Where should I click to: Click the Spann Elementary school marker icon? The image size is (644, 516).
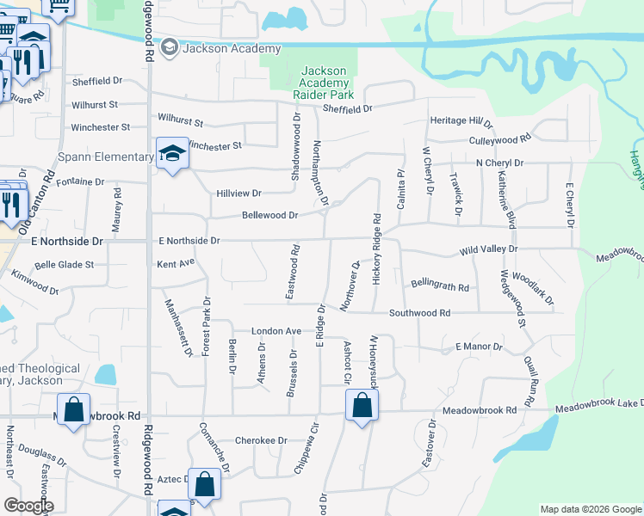pos(172,155)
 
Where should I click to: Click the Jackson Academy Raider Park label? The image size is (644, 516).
pos(323,82)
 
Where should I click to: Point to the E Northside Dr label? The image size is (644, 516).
pos(189,242)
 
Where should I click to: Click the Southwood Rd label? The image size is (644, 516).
pos(419,314)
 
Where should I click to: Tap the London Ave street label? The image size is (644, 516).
pos(276,331)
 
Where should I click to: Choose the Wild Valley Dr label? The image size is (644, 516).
pos(488,249)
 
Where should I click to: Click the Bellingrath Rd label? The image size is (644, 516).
pos(439,286)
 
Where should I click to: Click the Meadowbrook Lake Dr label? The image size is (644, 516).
pos(598,405)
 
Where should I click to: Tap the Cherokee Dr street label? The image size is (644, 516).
pos(261,440)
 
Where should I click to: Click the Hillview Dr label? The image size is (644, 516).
pos(238,194)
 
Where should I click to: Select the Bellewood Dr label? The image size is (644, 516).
pos(269,215)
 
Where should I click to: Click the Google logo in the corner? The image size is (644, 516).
pos(28,506)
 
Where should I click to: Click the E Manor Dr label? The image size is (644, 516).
pos(478,347)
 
